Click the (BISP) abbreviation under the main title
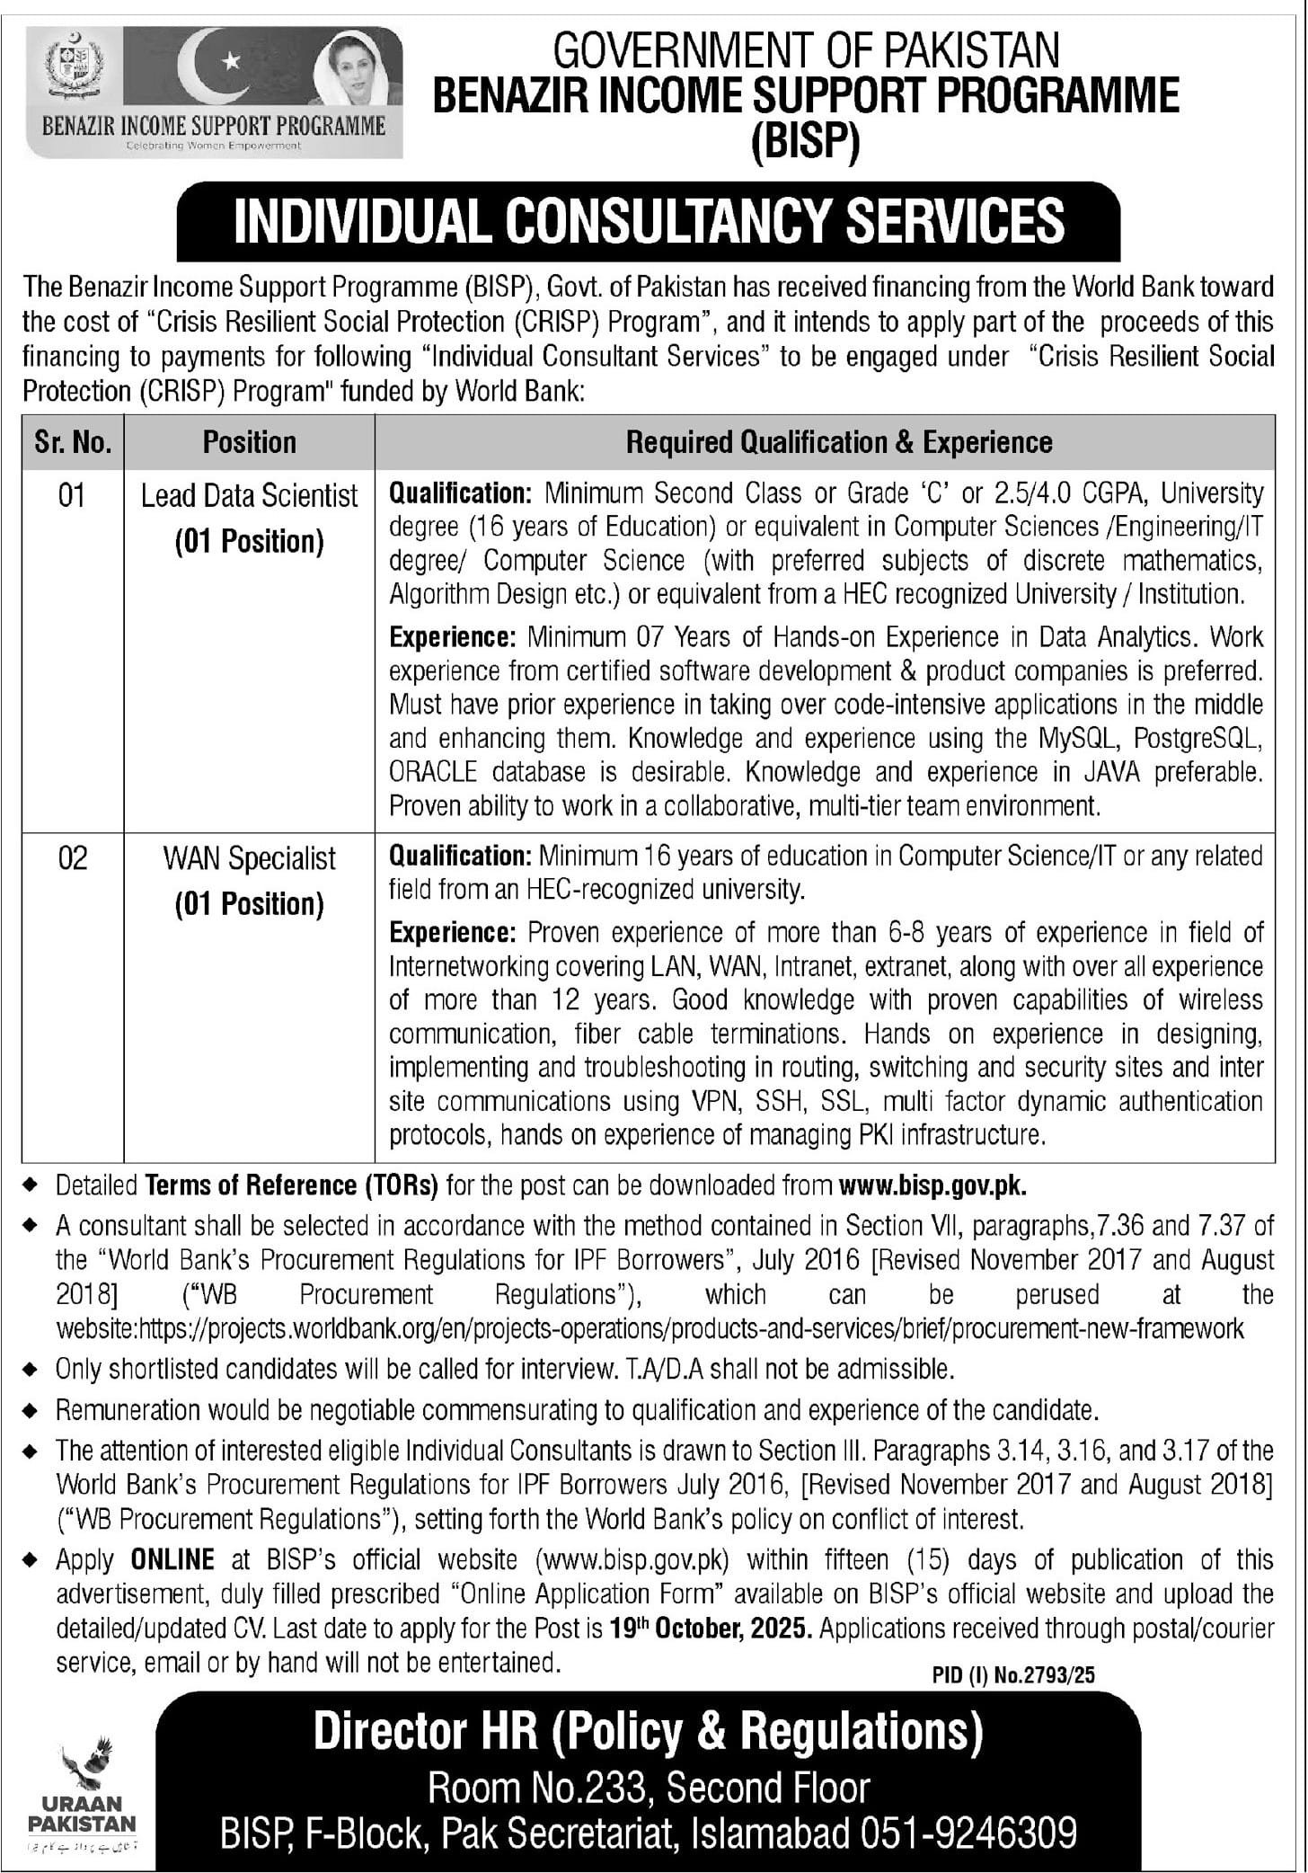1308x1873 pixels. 805,141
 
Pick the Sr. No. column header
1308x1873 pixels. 73,442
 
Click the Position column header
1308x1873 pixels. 249,442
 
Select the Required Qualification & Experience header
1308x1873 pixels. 838,442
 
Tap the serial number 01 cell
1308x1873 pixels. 72,495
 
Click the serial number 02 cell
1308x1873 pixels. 72,858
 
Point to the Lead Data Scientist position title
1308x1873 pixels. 249,496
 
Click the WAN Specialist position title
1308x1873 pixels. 249,859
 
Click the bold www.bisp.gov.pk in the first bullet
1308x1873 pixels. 932,1185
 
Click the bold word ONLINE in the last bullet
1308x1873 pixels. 172,1558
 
